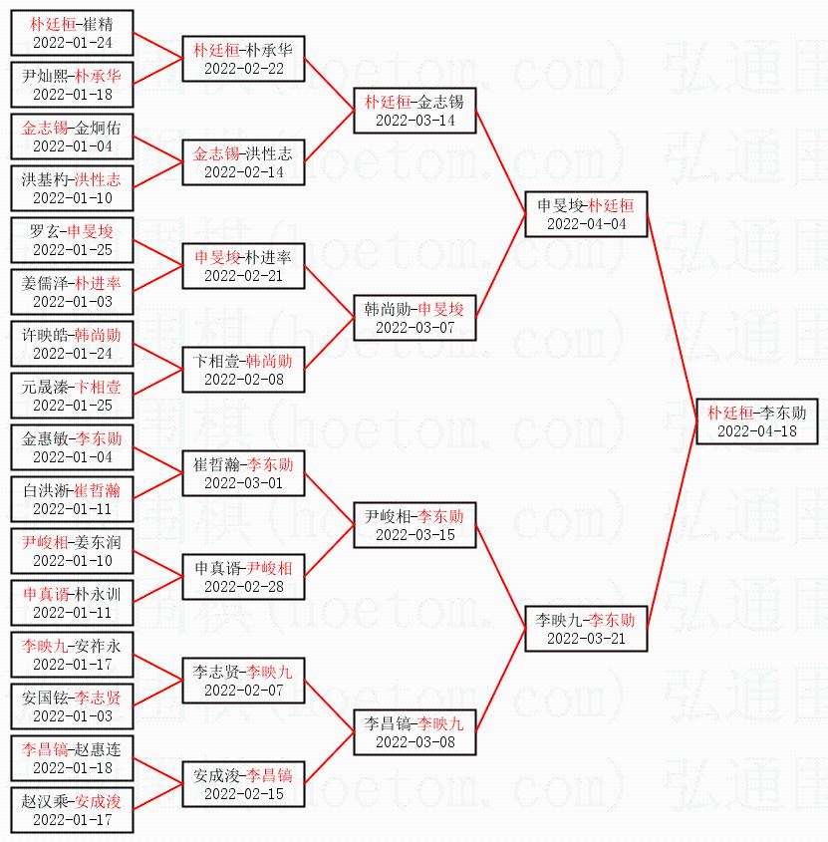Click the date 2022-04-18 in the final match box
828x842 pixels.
click(x=757, y=431)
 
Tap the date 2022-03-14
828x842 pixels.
click(x=415, y=121)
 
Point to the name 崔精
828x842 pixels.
click(x=98, y=24)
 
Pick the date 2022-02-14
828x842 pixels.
click(x=244, y=171)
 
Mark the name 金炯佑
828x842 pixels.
click(x=98, y=128)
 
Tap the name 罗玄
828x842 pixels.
click(x=45, y=231)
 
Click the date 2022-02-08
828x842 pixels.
click(x=244, y=379)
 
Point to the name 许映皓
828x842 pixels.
click(x=45, y=335)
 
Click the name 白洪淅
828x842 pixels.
click(x=46, y=490)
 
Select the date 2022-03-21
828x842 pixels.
click(x=586, y=638)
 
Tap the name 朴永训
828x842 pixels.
click(x=98, y=594)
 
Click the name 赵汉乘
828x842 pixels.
click(x=45, y=801)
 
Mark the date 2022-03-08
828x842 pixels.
click(x=415, y=742)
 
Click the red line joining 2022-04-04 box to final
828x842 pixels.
click(x=672, y=318)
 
